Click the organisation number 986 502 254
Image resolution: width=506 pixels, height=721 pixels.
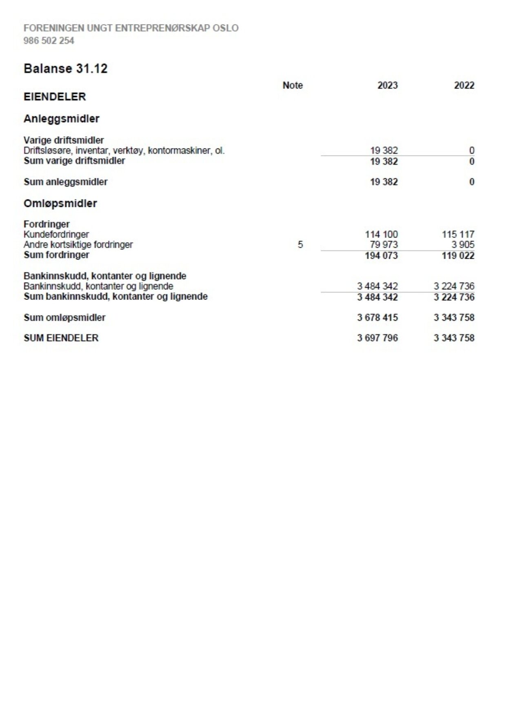coord(49,41)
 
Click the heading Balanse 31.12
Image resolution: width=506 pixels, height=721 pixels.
coord(65,69)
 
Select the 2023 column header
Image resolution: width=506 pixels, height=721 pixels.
coord(387,85)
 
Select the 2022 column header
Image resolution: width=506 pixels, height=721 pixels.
coord(464,85)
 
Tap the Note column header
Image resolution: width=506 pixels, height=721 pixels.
coord(293,85)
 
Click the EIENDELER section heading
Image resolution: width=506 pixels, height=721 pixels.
coord(55,97)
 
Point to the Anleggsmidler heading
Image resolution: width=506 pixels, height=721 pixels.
coord(62,119)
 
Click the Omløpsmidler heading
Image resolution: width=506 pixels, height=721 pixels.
coord(60,203)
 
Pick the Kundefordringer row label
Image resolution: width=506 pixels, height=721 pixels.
coord(56,234)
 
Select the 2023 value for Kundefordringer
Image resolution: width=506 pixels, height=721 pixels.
coord(381,234)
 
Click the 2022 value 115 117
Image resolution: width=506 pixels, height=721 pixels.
coord(458,234)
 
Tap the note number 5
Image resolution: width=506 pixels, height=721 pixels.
coord(300,244)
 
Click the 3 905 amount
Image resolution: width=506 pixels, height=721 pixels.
coord(463,244)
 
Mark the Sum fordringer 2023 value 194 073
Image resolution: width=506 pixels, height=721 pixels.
coord(381,255)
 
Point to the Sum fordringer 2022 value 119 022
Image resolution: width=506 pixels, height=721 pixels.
coord(458,255)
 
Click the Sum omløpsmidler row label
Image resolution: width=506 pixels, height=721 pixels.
coord(64,317)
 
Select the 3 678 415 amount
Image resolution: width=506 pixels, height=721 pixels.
coord(377,317)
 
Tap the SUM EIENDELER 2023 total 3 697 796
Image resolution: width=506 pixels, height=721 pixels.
coord(377,338)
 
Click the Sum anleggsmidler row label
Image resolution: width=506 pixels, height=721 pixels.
coord(66,182)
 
